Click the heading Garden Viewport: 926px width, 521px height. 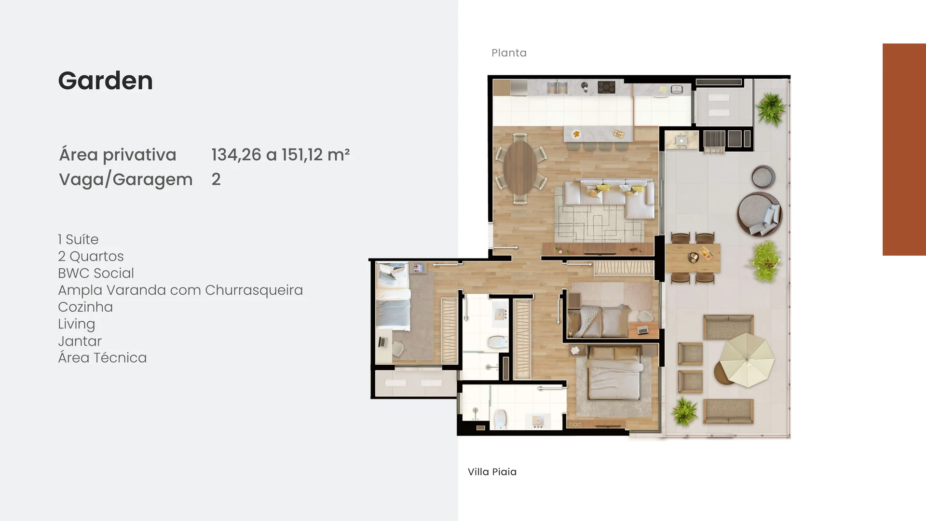(105, 81)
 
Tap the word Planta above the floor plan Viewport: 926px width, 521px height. (509, 53)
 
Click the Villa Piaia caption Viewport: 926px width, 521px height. (492, 472)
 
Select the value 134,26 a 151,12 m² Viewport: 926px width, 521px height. (280, 155)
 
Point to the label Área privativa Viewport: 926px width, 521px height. (118, 155)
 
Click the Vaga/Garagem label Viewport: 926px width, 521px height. (126, 179)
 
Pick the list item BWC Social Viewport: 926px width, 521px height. (96, 273)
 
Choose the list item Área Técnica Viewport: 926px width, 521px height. (102, 357)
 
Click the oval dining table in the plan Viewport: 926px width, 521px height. (520, 167)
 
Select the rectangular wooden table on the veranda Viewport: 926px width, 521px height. (693, 258)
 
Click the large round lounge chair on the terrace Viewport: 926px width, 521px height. (760, 214)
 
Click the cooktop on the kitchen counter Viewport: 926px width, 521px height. (606, 87)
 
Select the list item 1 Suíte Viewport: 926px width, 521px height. (78, 239)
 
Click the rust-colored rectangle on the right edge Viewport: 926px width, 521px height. (904, 150)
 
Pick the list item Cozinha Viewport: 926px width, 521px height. (85, 307)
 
